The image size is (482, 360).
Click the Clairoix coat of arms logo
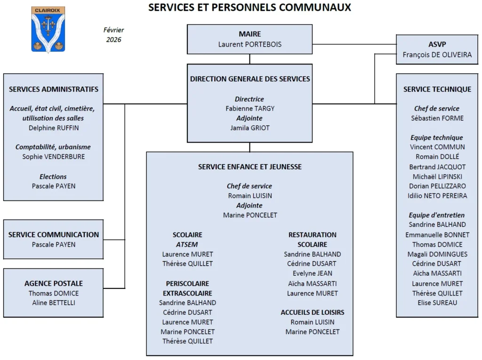pyautogui.click(x=48, y=29)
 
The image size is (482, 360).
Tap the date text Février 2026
pyautogui.click(x=113, y=35)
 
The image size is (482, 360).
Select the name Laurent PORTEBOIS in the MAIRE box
pyautogui.click(x=250, y=44)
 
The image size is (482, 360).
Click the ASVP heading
pyautogui.click(x=437, y=44)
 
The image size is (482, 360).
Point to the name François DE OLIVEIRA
pyautogui.click(x=437, y=55)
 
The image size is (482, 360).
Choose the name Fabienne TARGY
pyautogui.click(x=250, y=108)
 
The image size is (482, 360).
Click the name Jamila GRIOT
pyautogui.click(x=250, y=128)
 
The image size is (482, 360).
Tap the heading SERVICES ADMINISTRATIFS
pyautogui.click(x=54, y=89)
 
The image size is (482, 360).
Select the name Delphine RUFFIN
pyautogui.click(x=54, y=128)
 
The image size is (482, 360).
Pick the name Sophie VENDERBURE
pyautogui.click(x=54, y=157)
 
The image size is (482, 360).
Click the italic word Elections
pyautogui.click(x=53, y=176)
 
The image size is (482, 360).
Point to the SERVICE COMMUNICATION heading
pyautogui.click(x=54, y=234)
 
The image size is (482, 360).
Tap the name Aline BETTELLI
pyautogui.click(x=54, y=303)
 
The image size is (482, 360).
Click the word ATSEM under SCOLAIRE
pyautogui.click(x=187, y=244)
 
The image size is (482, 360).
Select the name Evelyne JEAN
pyautogui.click(x=313, y=273)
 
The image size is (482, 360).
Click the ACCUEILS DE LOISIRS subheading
pyautogui.click(x=313, y=312)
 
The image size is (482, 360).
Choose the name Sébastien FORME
pyautogui.click(x=437, y=118)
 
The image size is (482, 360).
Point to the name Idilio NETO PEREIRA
pyautogui.click(x=437, y=195)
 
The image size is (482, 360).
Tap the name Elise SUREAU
pyautogui.click(x=437, y=303)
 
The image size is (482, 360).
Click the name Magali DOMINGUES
pyautogui.click(x=437, y=254)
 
